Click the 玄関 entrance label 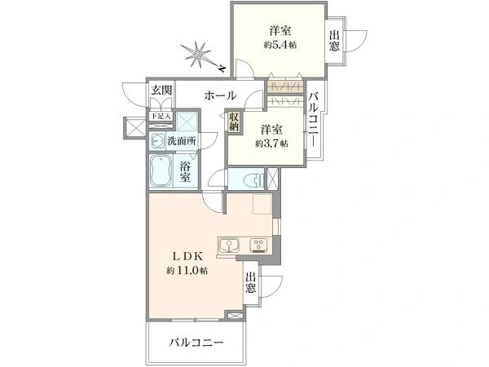tap(161, 91)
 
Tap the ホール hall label tap(220, 95)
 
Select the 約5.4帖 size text tap(280, 46)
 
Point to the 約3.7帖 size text tap(272, 144)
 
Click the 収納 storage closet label tap(235, 122)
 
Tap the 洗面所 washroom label tap(182, 141)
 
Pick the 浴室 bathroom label tap(185, 171)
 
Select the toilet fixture tap(250, 179)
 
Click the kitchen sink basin tap(227, 243)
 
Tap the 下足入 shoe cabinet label tap(160, 117)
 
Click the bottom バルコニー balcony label tap(196, 343)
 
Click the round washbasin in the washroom tap(157, 140)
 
